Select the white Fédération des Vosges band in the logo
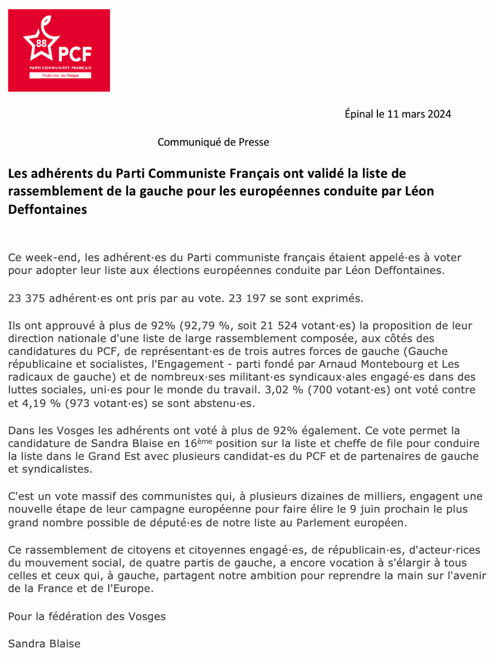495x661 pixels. point(60,75)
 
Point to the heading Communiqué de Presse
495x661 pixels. point(213,142)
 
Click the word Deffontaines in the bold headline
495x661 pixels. point(47,209)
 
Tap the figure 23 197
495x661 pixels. point(247,298)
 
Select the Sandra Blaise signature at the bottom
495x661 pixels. point(44,643)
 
